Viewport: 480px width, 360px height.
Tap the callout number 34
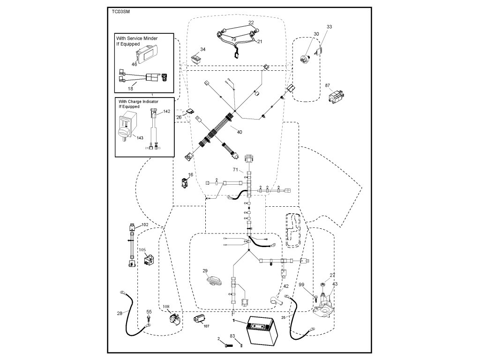coord(202,49)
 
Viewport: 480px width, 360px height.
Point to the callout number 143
coord(140,137)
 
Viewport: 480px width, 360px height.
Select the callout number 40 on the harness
coord(240,132)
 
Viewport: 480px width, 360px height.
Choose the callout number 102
coord(144,225)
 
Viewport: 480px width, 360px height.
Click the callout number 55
coord(149,312)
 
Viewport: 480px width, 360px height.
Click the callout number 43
coord(335,284)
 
